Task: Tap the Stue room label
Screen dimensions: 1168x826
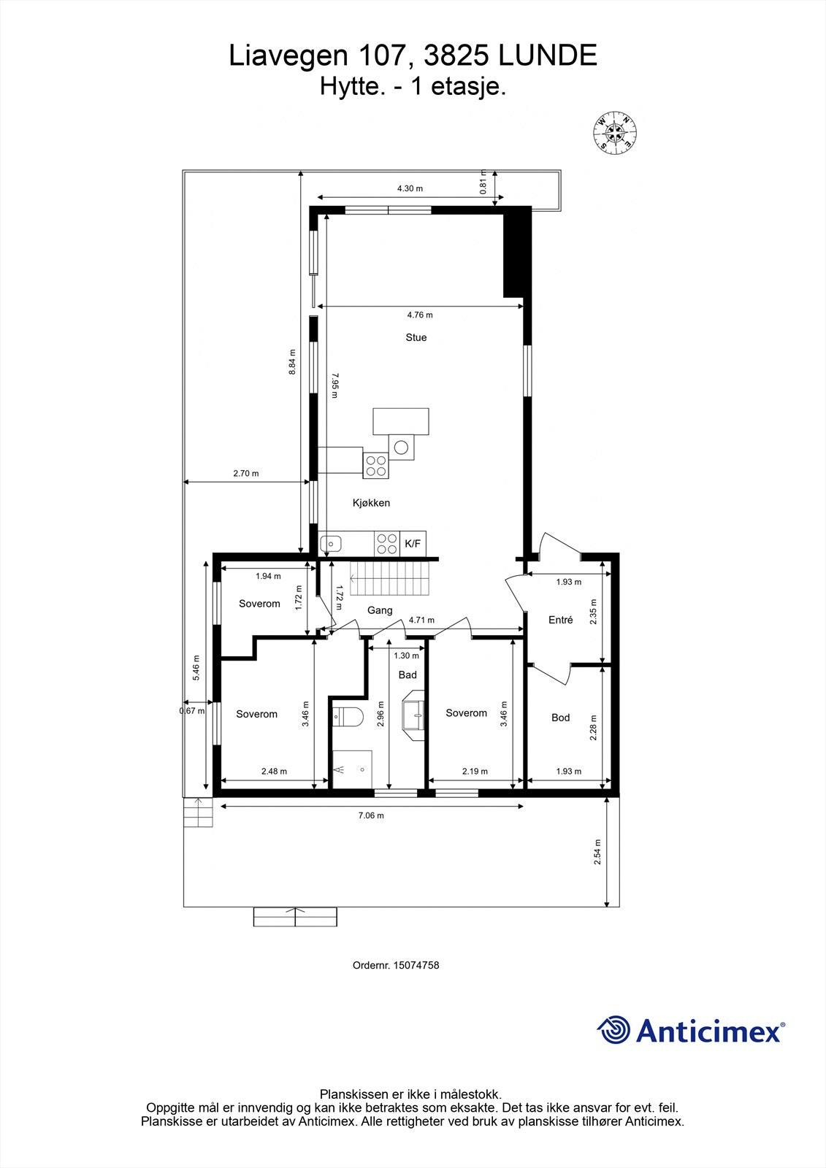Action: point(416,337)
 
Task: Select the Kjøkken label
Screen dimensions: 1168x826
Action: point(371,503)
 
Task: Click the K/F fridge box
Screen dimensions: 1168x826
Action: point(413,543)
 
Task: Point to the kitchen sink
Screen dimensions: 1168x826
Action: point(332,543)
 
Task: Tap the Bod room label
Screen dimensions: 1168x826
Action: point(560,718)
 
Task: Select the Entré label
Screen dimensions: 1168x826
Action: point(560,620)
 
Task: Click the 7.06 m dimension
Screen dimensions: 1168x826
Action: point(371,815)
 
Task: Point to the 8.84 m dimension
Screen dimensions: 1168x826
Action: point(292,361)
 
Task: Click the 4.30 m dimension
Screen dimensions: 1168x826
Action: point(410,188)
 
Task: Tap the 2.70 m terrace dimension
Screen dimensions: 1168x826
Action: point(245,473)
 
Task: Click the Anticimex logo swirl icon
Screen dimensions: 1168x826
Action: point(613,1030)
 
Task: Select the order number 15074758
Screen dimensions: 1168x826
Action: point(416,965)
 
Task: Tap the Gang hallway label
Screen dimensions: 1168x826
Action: point(380,610)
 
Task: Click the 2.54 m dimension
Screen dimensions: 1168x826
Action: point(597,852)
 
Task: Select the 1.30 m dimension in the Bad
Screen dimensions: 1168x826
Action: point(401,656)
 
